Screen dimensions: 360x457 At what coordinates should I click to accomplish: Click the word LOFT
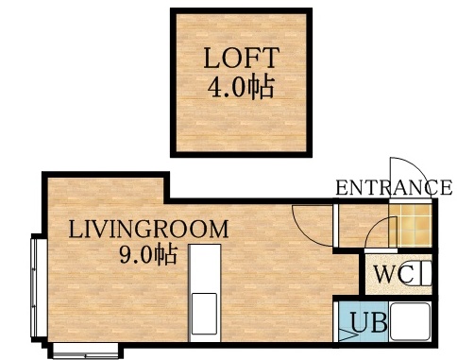[240, 58]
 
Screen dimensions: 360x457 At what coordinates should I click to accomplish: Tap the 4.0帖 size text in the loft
[240, 88]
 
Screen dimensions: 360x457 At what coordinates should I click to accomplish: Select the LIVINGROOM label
[148, 229]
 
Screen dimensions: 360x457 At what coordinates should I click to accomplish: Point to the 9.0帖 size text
[148, 254]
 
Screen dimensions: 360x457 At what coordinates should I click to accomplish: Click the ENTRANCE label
[393, 187]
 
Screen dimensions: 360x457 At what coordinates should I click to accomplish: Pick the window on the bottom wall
[85, 352]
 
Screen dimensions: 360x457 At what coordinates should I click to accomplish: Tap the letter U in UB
[360, 324]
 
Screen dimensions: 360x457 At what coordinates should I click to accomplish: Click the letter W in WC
[384, 275]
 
